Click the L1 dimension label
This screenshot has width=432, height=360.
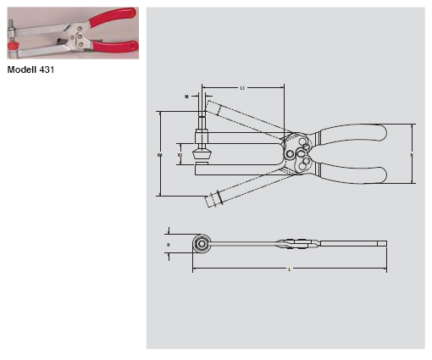click(x=242, y=88)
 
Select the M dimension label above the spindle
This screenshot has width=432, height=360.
click(x=186, y=97)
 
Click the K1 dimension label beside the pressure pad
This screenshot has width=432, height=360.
click(x=179, y=155)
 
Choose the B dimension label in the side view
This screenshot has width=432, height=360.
click(x=169, y=244)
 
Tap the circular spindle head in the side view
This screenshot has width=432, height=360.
click(x=203, y=244)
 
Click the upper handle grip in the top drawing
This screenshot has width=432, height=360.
click(x=355, y=134)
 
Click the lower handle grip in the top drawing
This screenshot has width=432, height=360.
click(x=355, y=174)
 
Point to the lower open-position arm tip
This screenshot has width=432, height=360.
click(x=213, y=199)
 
